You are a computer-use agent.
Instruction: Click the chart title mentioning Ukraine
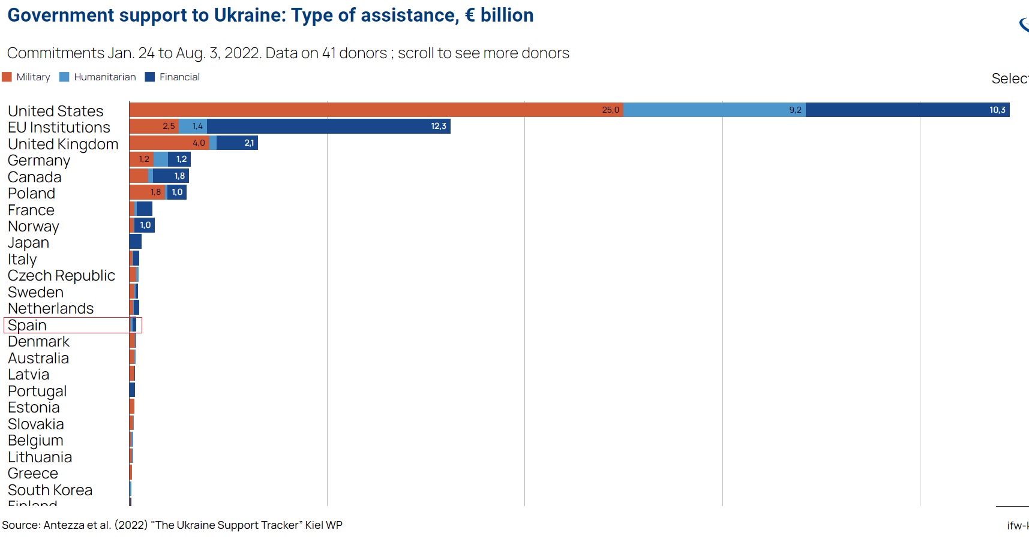(x=270, y=16)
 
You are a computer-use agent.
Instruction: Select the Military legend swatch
(x=7, y=77)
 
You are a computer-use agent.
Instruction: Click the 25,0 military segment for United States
(x=376, y=110)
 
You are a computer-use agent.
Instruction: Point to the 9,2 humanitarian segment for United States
(x=714, y=110)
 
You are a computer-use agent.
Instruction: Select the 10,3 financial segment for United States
(x=907, y=110)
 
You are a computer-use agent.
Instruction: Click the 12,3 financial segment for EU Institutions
(x=328, y=126)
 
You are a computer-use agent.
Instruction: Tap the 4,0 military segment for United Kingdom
(x=169, y=143)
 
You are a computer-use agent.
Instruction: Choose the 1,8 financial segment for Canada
(x=170, y=176)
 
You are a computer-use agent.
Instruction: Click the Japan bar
(x=136, y=242)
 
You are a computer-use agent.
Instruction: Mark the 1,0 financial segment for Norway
(x=145, y=225)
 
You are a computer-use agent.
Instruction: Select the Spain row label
(x=28, y=325)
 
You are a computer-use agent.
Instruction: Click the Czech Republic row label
(x=61, y=275)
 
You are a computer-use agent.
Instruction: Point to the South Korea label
(x=50, y=490)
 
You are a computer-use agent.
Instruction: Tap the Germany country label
(x=39, y=160)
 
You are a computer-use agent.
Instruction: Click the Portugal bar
(x=132, y=390)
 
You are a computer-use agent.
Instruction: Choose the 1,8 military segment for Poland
(x=148, y=192)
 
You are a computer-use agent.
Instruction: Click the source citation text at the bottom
(x=172, y=525)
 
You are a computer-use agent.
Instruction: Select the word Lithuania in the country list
(x=40, y=457)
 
